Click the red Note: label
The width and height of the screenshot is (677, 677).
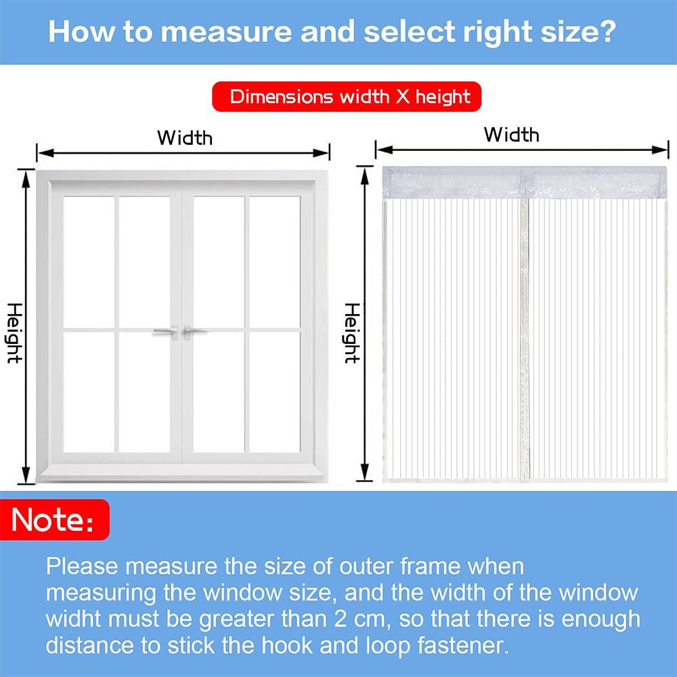[x=53, y=520]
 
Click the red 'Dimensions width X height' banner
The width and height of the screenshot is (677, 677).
[x=347, y=96]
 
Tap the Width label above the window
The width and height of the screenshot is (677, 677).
[x=184, y=137]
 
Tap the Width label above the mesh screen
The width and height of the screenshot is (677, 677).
[x=511, y=135]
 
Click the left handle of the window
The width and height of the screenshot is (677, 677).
[x=165, y=332]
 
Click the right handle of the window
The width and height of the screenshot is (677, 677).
[x=197, y=332]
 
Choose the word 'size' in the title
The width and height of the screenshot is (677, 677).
[x=566, y=32]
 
